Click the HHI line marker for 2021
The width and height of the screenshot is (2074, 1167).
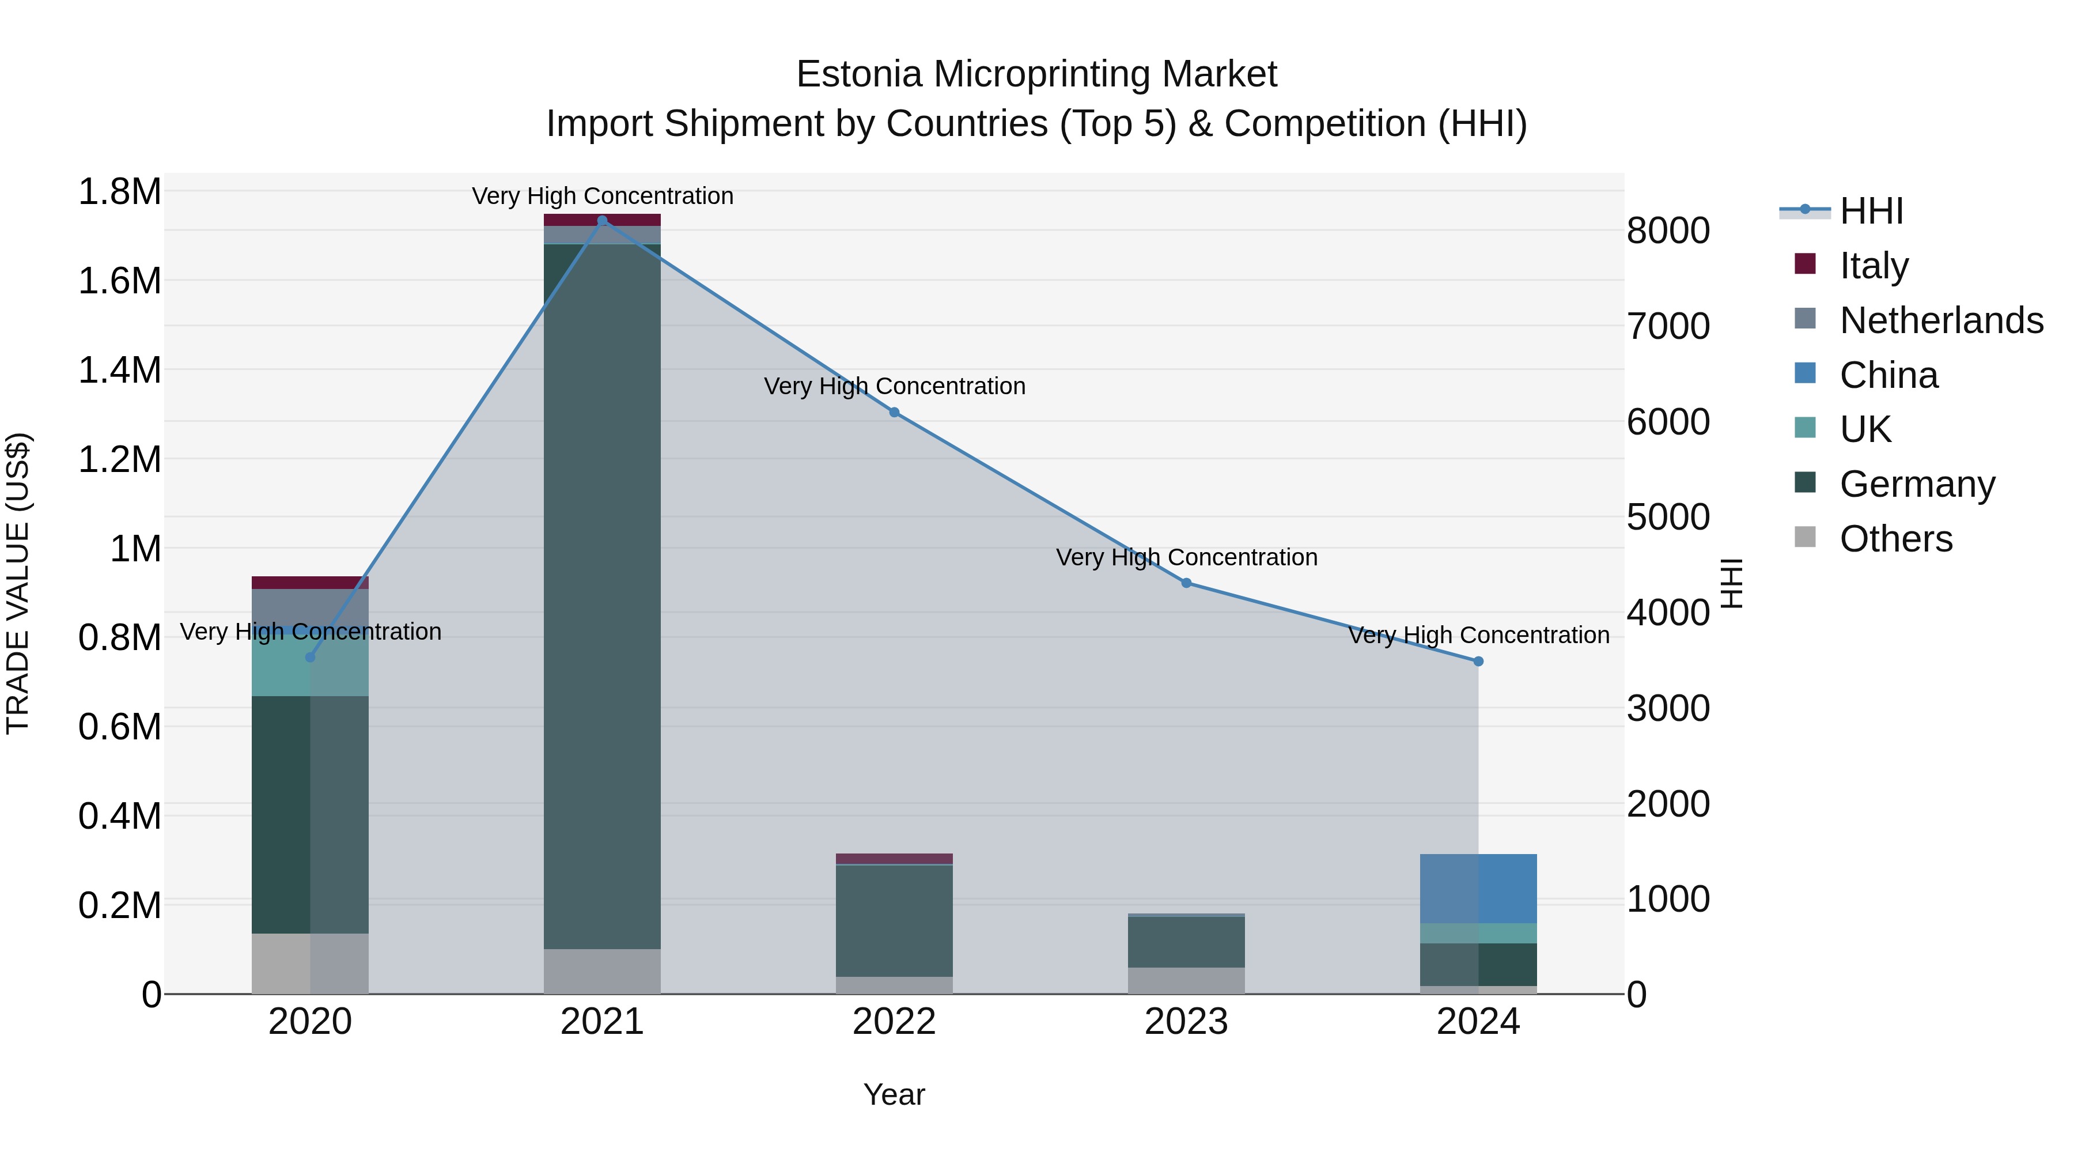602,221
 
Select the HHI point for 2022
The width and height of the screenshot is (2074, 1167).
894,413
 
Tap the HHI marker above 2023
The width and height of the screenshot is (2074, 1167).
1186,583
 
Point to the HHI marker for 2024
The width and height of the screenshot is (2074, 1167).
1478,661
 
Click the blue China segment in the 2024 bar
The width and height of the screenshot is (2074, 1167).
1478,888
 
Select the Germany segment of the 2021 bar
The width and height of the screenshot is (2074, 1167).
602,596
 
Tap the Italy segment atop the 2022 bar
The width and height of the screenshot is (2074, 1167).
894,859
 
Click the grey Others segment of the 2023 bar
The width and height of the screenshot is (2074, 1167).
1186,980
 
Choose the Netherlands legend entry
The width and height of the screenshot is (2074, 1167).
1941,320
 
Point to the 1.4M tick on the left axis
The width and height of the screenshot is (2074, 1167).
119,371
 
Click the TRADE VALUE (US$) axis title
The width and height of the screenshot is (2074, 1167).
18,583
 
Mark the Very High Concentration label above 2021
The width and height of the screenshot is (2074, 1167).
602,196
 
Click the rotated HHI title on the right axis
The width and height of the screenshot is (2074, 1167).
1731,583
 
